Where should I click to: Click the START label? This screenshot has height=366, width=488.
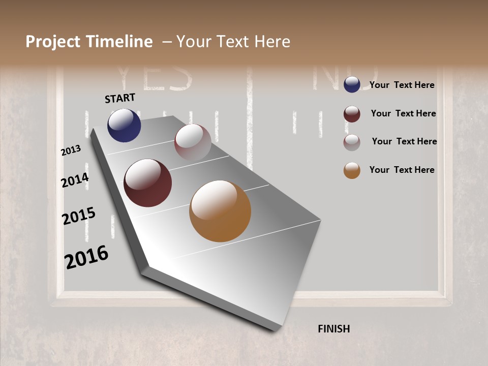(x=120, y=98)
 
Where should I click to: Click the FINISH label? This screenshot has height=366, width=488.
(x=334, y=329)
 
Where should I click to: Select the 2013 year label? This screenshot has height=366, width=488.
(x=71, y=150)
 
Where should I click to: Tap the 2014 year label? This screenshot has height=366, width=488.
(x=75, y=180)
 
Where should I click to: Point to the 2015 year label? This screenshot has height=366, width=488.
(x=79, y=216)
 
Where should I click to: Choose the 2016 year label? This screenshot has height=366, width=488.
(x=86, y=257)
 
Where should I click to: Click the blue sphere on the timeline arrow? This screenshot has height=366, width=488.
(x=124, y=125)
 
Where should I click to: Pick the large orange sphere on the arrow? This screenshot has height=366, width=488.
(x=220, y=211)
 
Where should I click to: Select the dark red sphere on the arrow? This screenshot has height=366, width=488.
(x=147, y=183)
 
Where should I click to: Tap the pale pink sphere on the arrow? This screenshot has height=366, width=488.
(x=193, y=143)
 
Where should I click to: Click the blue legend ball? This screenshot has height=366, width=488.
(x=352, y=84)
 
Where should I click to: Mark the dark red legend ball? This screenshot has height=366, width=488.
(x=352, y=114)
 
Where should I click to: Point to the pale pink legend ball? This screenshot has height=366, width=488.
(x=352, y=142)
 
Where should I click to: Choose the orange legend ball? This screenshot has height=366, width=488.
(x=352, y=170)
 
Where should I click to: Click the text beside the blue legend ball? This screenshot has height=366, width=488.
(x=402, y=85)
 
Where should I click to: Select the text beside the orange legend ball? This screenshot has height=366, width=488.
(x=402, y=170)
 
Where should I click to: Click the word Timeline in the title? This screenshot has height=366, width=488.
(x=119, y=42)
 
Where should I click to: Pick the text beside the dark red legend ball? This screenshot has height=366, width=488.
(x=403, y=113)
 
